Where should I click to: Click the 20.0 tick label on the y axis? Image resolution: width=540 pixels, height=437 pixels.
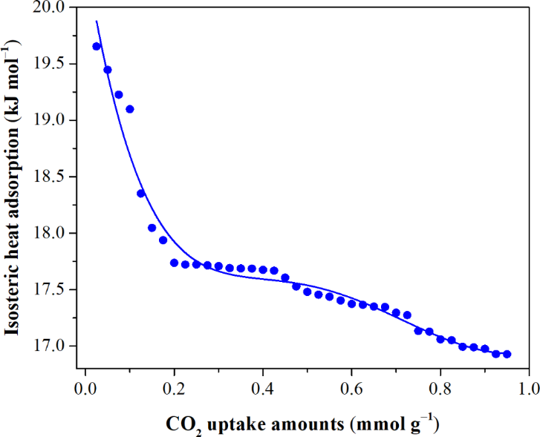coord(50,7)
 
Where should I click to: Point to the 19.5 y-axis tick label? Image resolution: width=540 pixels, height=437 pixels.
coord(50,64)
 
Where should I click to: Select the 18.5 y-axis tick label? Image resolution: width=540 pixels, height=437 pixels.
coord(50,177)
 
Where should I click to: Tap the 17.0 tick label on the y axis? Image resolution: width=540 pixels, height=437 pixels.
coord(50,346)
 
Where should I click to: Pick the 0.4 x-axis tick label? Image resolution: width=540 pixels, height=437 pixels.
coord(262,388)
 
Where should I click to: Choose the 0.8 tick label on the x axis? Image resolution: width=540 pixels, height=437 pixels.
coord(440,388)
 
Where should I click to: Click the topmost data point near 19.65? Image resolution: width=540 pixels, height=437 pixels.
coord(97,46)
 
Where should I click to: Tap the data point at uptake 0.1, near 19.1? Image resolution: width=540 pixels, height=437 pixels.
coord(130,109)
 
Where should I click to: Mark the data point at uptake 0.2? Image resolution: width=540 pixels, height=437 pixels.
coord(175,263)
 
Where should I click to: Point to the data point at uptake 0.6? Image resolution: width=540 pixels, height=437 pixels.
coord(352,303)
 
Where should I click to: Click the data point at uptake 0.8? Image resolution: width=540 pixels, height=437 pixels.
coord(440,339)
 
